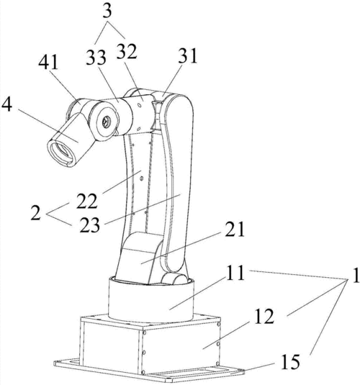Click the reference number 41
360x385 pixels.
pos(48,62)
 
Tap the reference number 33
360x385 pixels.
pos(96,57)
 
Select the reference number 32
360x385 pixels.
pos(127,52)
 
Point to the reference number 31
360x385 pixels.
pos(189,55)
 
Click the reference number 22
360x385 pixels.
pos(86,201)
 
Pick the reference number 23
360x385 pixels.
pos(90,225)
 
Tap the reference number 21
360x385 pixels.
pos(235,229)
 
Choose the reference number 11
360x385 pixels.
pos(235,273)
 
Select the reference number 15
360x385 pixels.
pos(291,362)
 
